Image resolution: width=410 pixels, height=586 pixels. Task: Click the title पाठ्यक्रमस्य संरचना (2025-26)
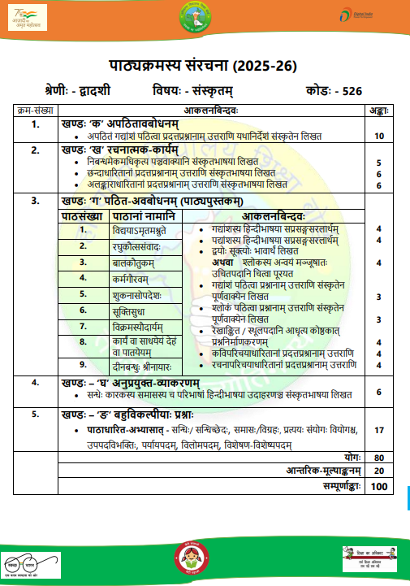(205, 64)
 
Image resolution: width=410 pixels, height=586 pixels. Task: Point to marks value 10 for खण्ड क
(379, 137)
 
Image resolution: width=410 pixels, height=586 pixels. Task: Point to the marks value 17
(379, 428)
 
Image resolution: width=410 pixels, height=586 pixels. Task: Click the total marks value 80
(379, 458)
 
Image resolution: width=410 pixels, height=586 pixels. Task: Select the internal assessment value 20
(379, 471)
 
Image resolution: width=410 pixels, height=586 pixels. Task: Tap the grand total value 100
(379, 486)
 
